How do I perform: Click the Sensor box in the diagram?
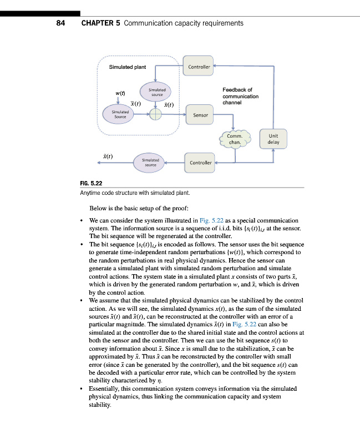click(x=200, y=115)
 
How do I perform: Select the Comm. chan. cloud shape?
click(x=235, y=139)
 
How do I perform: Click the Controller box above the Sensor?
click(x=199, y=67)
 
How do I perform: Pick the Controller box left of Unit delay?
click(x=200, y=163)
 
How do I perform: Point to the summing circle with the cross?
click(x=156, y=114)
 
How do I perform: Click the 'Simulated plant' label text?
click(x=128, y=68)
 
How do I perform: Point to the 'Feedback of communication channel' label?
click(x=240, y=96)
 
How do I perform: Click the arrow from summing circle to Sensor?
click(x=174, y=114)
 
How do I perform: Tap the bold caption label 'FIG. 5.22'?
click(x=92, y=184)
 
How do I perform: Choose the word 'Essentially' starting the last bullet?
click(x=105, y=390)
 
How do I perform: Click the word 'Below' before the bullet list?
click(x=98, y=209)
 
